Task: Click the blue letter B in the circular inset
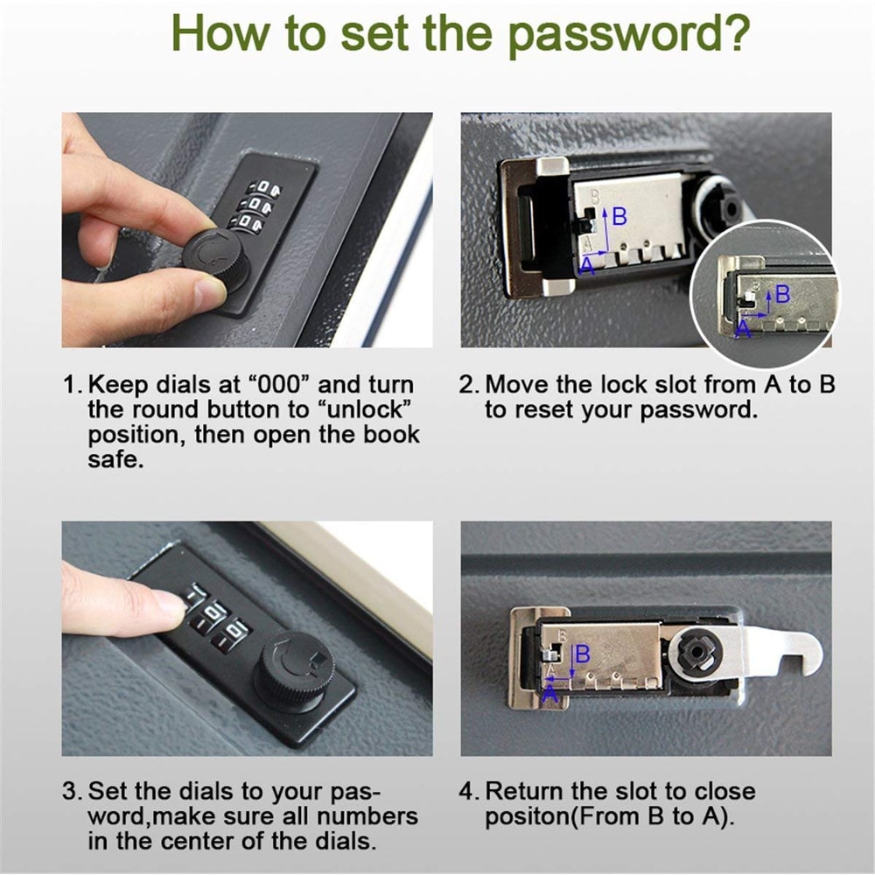(782, 294)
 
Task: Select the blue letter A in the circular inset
(744, 328)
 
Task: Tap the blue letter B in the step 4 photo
(582, 654)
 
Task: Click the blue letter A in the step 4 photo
(549, 693)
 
